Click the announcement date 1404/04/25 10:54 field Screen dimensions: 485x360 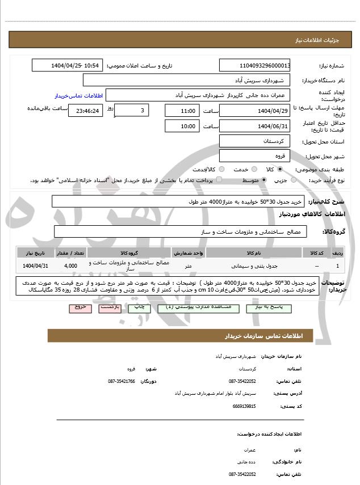tap(66, 66)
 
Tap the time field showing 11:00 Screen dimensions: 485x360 tap(182, 111)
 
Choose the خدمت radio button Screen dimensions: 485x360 tap(253, 169)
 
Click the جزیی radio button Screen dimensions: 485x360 tap(294, 180)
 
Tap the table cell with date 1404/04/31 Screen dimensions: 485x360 tap(36, 265)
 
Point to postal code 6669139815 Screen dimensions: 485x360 tap(244, 406)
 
